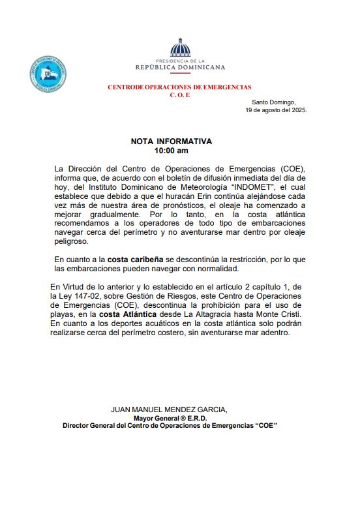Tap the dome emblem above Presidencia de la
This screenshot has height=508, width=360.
pyautogui.click(x=179, y=48)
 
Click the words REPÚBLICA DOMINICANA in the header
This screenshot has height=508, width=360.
pyautogui.click(x=180, y=67)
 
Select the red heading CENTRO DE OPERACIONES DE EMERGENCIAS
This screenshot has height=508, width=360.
pyautogui.click(x=179, y=87)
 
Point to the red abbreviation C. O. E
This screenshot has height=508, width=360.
pyautogui.click(x=179, y=95)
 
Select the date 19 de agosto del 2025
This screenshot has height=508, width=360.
pyautogui.click(x=276, y=110)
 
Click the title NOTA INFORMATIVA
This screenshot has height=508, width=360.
pyautogui.click(x=171, y=141)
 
